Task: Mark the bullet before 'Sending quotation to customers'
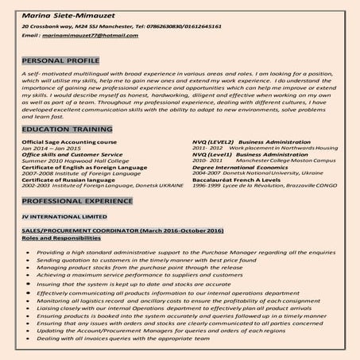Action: [x=27, y=260]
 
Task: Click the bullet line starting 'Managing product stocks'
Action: [x=127, y=268]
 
